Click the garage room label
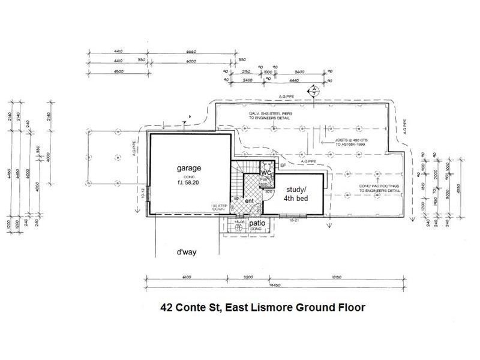188,169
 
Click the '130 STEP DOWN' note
218,208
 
